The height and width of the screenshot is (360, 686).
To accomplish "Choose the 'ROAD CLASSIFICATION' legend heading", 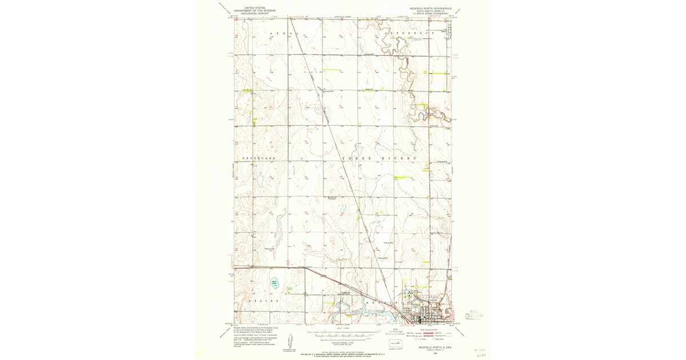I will pyautogui.click(x=432, y=330).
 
